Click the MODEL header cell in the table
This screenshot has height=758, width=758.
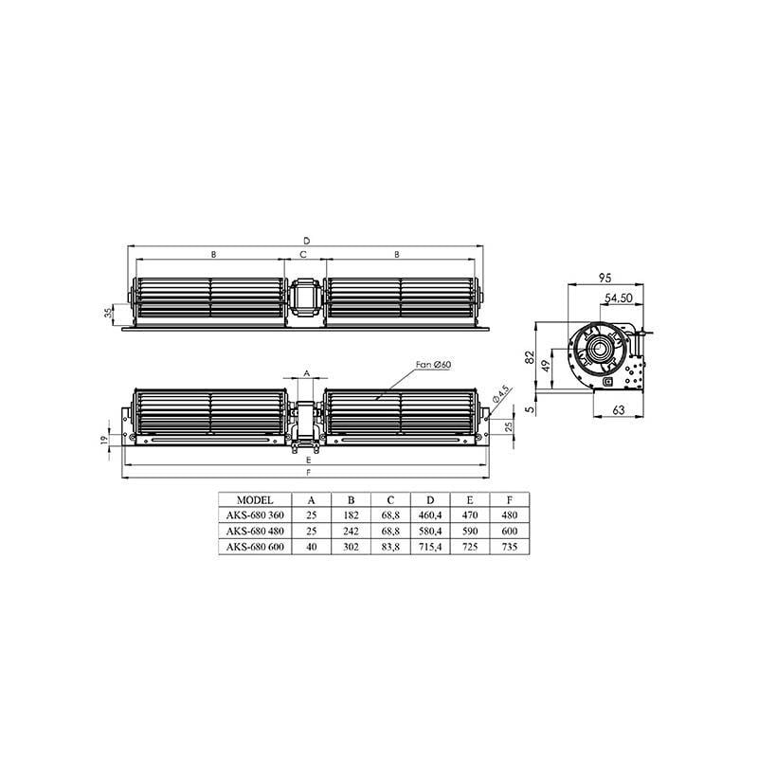click(256, 501)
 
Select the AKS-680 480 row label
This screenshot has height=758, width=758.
click(256, 532)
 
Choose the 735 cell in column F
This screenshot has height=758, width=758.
click(510, 548)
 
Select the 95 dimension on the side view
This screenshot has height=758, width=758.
click(604, 279)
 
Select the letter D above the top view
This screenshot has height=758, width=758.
click(305, 241)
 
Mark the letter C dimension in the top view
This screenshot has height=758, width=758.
click(304, 255)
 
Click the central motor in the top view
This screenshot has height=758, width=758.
click(305, 300)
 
